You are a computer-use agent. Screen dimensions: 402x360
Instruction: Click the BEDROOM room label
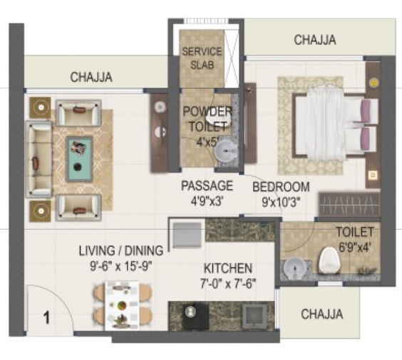[281, 187]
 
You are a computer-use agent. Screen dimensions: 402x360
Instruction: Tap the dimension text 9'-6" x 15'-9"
[121, 266]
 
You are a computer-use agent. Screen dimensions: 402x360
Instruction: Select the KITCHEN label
[228, 268]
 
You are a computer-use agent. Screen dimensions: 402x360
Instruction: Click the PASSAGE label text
[207, 185]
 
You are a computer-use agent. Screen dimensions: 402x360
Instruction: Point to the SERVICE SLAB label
[202, 58]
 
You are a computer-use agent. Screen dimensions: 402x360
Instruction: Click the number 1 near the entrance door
[46, 318]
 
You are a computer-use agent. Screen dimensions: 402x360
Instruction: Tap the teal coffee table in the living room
[79, 159]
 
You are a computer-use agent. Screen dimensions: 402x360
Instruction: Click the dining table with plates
[123, 306]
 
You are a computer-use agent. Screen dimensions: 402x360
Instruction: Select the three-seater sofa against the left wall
[39, 159]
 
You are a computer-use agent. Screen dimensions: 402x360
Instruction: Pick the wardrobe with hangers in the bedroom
[349, 204]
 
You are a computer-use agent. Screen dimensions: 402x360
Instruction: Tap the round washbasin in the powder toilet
[225, 152]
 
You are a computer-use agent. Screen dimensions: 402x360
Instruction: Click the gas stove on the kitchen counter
[195, 317]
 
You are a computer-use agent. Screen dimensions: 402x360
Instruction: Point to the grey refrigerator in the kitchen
[187, 235]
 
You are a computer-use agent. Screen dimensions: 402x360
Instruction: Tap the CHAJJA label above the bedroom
[315, 40]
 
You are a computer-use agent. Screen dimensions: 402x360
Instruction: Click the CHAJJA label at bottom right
[322, 314]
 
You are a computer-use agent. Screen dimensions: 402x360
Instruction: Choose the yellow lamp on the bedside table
[373, 83]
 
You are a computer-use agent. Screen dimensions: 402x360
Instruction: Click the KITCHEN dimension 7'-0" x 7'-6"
[228, 284]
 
